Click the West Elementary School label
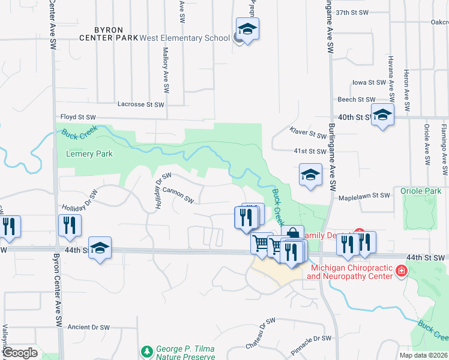point(184,38)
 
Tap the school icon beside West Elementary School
point(247,29)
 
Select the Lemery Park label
point(89,154)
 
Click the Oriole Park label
point(421,191)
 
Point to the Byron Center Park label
point(109,33)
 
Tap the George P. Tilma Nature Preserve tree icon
point(146,350)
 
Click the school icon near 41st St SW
point(310,175)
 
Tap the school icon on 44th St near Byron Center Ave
point(100,247)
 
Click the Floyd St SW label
point(78,116)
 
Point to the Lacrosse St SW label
point(140,104)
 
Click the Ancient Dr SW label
point(89,328)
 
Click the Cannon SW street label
point(178,194)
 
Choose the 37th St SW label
point(351,12)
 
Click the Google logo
point(20,352)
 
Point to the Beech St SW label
point(357,100)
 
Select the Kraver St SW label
point(306,131)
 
